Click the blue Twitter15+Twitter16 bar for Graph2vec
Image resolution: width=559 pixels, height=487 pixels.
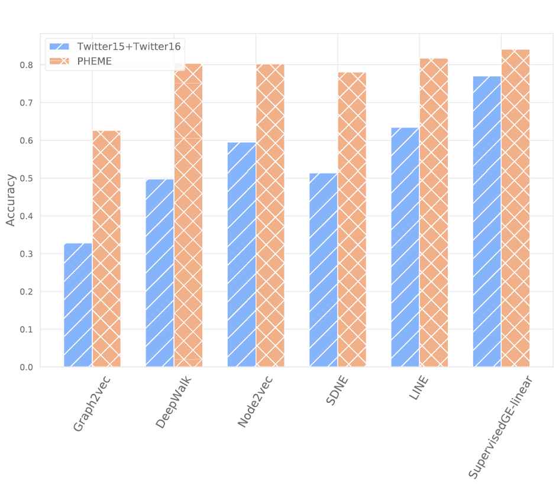(x=78, y=305)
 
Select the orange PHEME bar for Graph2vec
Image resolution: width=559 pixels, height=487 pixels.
(x=106, y=249)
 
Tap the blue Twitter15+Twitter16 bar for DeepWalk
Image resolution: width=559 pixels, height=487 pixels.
(x=160, y=273)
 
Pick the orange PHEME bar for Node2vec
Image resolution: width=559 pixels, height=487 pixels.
(x=270, y=216)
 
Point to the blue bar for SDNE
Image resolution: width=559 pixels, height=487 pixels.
(x=324, y=270)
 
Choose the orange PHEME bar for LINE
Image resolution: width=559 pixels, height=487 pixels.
(x=434, y=213)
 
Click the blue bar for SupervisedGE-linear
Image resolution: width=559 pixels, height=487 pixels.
(x=487, y=222)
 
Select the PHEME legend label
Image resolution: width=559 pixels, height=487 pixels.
(x=95, y=61)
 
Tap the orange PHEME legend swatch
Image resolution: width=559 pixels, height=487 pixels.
(x=59, y=61)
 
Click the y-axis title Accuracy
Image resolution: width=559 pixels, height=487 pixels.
(x=11, y=200)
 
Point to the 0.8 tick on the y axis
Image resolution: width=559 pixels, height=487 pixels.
(x=27, y=65)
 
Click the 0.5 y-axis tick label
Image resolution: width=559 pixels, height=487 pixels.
(x=27, y=178)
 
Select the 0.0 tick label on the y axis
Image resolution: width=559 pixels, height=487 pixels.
(x=27, y=367)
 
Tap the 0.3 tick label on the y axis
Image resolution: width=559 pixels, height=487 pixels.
(x=27, y=254)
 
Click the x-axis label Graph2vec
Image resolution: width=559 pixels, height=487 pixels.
(x=92, y=403)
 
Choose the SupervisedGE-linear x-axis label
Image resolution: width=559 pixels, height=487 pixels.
(x=500, y=427)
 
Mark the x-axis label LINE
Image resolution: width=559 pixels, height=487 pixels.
(x=419, y=387)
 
